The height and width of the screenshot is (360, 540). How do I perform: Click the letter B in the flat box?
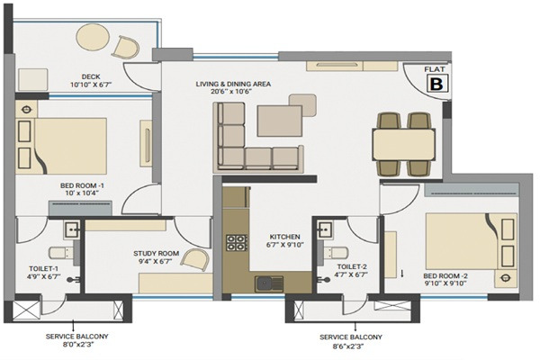click(x=437, y=84)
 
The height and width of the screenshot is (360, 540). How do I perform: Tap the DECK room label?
click(x=91, y=76)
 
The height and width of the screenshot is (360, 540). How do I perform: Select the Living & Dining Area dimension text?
click(x=232, y=92)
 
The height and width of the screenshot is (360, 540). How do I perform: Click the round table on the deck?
click(x=93, y=37)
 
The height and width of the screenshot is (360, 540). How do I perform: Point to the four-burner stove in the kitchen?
click(x=237, y=242)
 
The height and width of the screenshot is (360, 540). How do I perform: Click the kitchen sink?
click(x=269, y=284)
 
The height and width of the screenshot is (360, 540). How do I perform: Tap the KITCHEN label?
click(x=284, y=237)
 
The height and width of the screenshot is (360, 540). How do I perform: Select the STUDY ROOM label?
click(x=157, y=254)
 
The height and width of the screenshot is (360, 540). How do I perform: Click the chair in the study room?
click(x=195, y=258)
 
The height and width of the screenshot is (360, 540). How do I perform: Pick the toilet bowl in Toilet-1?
click(x=61, y=253)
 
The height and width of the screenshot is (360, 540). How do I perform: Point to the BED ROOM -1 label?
click(x=82, y=185)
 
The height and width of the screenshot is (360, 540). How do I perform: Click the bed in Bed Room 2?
click(x=472, y=241)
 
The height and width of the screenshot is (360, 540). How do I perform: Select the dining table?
click(x=403, y=144)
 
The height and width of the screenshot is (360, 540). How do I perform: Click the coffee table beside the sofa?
click(x=280, y=121)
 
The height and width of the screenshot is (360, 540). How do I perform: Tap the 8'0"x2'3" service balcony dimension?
click(x=77, y=344)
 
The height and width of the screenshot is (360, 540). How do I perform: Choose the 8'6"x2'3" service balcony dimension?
click(x=351, y=346)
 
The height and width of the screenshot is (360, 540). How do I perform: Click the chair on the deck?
click(x=126, y=47)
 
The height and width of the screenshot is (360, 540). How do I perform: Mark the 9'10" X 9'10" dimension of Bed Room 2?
click(x=445, y=283)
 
